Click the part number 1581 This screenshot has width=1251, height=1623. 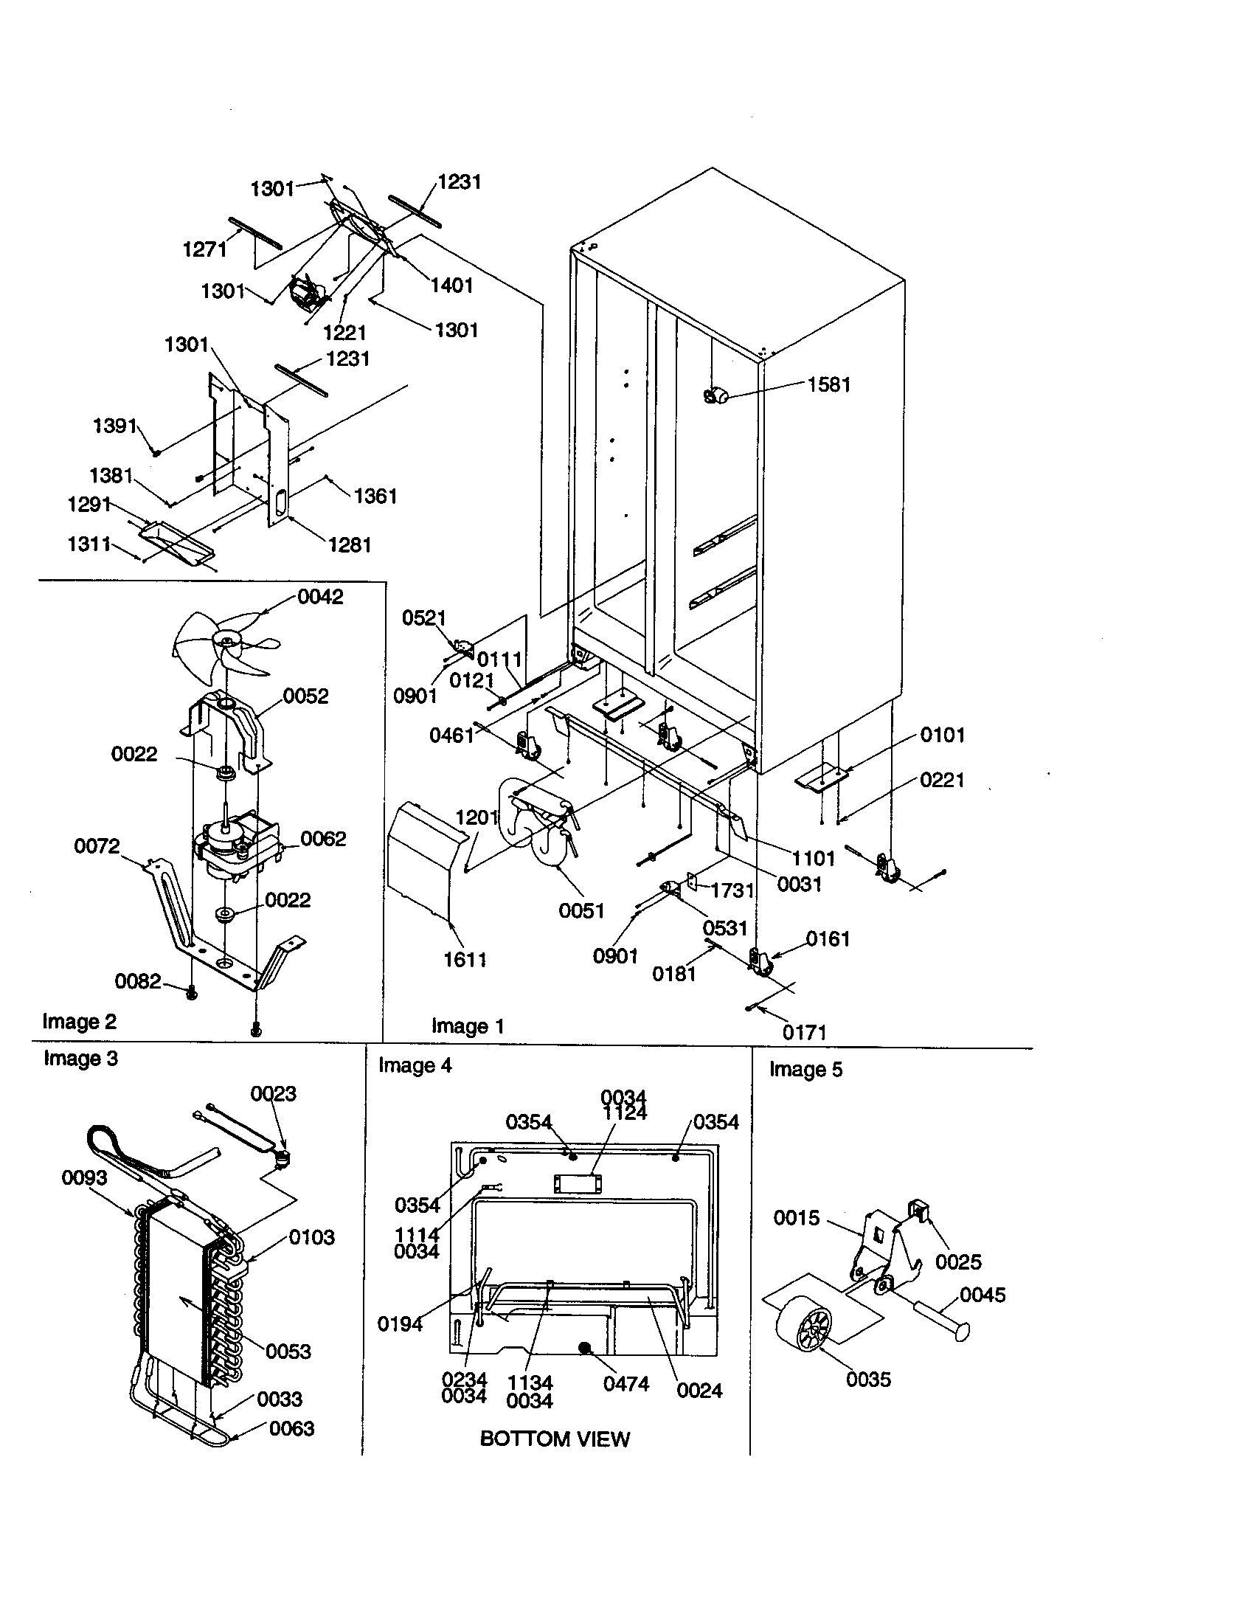pyautogui.click(x=828, y=385)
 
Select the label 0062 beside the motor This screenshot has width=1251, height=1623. pyautogui.click(x=323, y=839)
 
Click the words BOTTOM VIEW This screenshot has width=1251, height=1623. pyautogui.click(x=554, y=1439)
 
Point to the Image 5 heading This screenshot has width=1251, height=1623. pyautogui.click(x=805, y=1070)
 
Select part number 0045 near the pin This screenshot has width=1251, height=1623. pyautogui.click(x=982, y=1295)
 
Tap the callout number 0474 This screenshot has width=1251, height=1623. pyautogui.click(x=626, y=1384)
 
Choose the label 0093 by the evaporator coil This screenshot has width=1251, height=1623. pyautogui.click(x=84, y=1177)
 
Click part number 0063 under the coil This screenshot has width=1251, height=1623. pyautogui.click(x=291, y=1428)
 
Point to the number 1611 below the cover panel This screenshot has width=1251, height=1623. pyautogui.click(x=465, y=959)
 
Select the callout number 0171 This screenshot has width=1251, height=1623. pyautogui.click(x=805, y=1032)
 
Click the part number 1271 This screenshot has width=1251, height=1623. pyautogui.click(x=204, y=249)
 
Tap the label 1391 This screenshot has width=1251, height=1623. pyautogui.click(x=114, y=426)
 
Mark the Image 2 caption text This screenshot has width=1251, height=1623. pyautogui.click(x=80, y=1022)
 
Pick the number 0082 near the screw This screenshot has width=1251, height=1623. pyautogui.click(x=137, y=982)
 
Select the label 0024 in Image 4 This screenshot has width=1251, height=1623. pyautogui.click(x=699, y=1391)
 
